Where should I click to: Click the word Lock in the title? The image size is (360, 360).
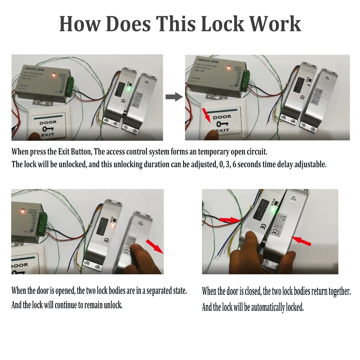[222, 24]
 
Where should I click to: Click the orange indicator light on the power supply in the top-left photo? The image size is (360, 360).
[54, 75]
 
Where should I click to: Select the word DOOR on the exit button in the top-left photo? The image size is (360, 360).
[48, 122]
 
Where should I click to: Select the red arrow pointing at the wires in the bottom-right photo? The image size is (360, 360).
[230, 219]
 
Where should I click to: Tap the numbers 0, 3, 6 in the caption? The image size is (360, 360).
[227, 165]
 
